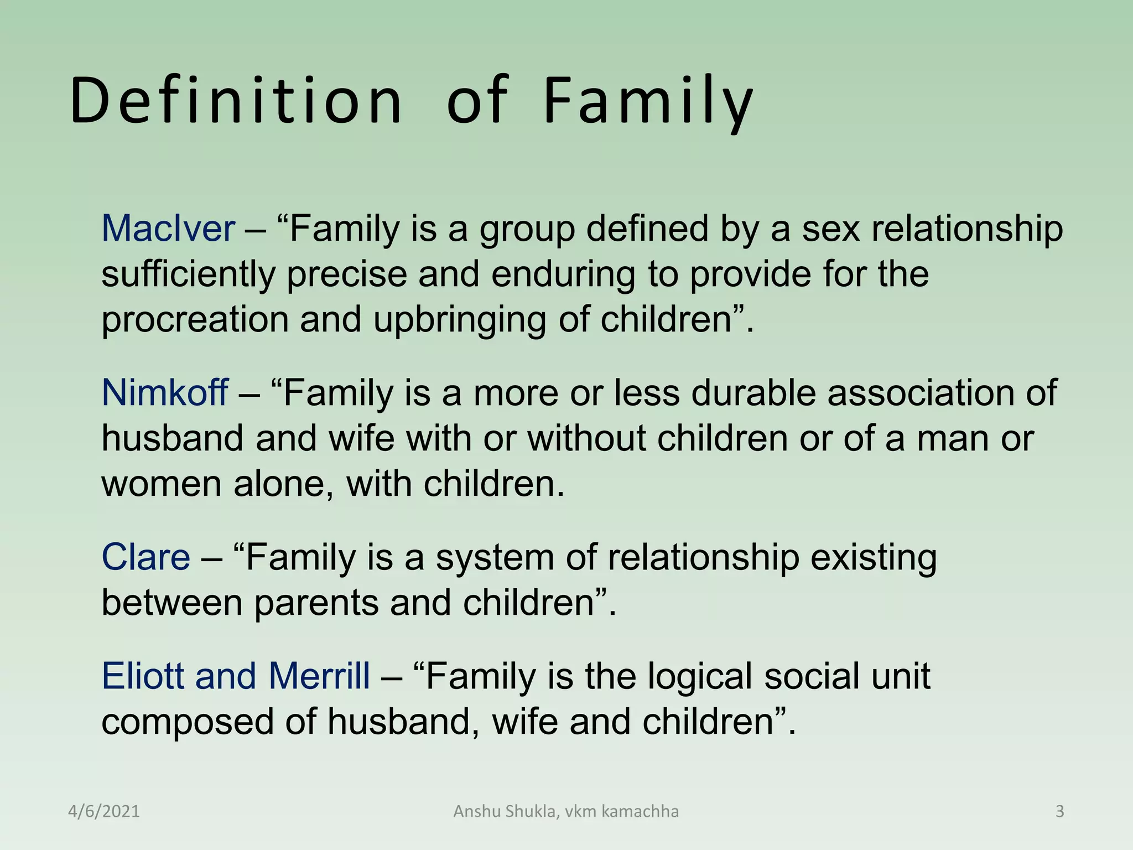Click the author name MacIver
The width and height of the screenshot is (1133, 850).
click(x=168, y=229)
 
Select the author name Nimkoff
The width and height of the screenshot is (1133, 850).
click(x=165, y=393)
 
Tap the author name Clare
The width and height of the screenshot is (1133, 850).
click(x=146, y=557)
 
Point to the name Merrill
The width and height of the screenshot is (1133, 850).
click(x=319, y=676)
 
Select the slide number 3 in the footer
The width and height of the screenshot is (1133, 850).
click(x=1059, y=812)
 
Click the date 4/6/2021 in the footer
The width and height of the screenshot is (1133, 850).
click(x=104, y=812)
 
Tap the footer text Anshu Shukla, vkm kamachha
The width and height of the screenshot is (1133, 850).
click(x=566, y=812)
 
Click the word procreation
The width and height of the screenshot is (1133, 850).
click(x=195, y=320)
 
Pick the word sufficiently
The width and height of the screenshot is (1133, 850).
click(x=188, y=274)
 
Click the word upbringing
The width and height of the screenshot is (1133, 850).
click(x=460, y=320)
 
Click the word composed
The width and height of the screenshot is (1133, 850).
click(x=188, y=722)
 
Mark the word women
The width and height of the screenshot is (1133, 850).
click(x=162, y=484)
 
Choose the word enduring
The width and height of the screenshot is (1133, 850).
click(x=563, y=274)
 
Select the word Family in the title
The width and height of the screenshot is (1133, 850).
click(x=648, y=101)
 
